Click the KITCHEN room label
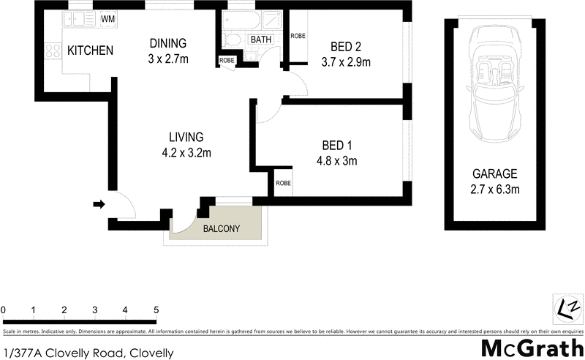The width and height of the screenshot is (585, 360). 90,50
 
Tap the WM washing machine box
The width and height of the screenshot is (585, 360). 108,18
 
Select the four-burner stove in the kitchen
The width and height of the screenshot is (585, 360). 53,50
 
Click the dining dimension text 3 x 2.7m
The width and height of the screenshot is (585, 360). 168,59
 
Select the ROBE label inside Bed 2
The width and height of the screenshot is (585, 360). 298,36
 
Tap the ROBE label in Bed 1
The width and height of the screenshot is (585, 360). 283,184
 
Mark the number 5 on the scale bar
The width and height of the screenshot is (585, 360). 156,310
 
